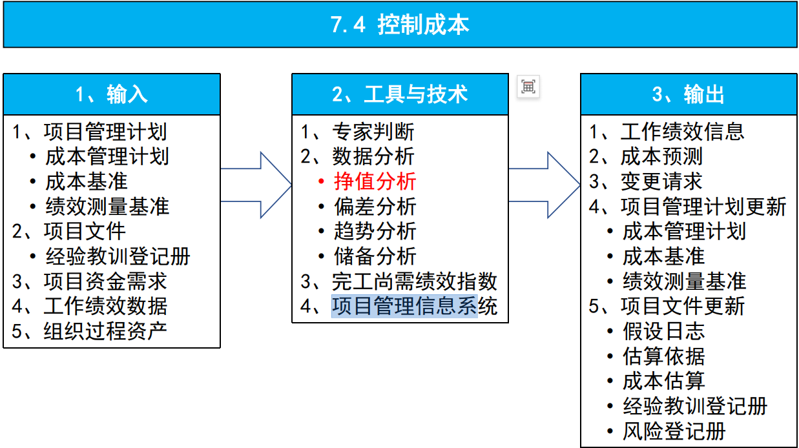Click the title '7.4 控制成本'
tap(399, 25)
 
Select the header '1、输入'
tap(112, 95)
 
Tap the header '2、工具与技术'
tap(400, 95)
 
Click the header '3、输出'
tap(688, 95)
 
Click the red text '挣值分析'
tap(375, 181)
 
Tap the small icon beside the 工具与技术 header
tap(528, 87)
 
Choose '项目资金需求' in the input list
tap(105, 281)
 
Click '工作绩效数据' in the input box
tap(105, 306)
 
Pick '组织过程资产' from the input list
tap(105, 331)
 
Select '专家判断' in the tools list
tap(373, 132)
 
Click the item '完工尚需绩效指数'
tap(414, 281)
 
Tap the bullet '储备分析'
tap(375, 256)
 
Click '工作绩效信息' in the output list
tap(682, 132)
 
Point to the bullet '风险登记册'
tap(674, 431)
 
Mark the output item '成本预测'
tap(661, 157)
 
